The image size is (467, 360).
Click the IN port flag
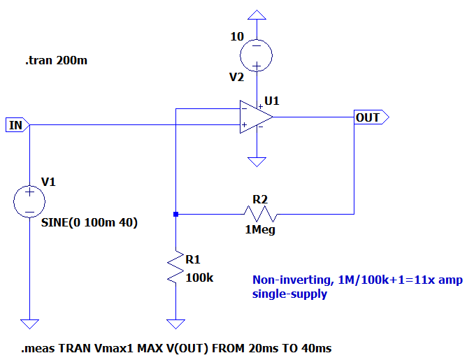click(x=17, y=124)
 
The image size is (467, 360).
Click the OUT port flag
click(x=371, y=117)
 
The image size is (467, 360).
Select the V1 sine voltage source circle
click(x=29, y=201)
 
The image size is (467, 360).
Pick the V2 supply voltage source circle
click(x=256, y=55)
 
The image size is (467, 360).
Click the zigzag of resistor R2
click(x=260, y=214)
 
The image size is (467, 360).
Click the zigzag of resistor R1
click(x=175, y=266)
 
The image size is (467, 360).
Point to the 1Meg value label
click(x=260, y=230)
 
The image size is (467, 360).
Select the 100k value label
click(x=199, y=278)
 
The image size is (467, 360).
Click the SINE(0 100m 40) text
click(x=89, y=222)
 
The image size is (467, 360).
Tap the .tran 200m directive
click(x=57, y=60)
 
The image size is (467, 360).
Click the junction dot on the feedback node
click(x=175, y=214)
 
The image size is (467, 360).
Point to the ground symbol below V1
click(x=29, y=324)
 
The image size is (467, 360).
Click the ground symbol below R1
click(x=175, y=324)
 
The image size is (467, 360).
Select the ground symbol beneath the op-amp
click(x=257, y=162)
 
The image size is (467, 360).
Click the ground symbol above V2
click(x=257, y=15)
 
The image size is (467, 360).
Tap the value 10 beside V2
click(x=237, y=36)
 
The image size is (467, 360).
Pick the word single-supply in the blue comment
click(x=289, y=294)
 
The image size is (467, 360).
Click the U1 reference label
click(x=272, y=101)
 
